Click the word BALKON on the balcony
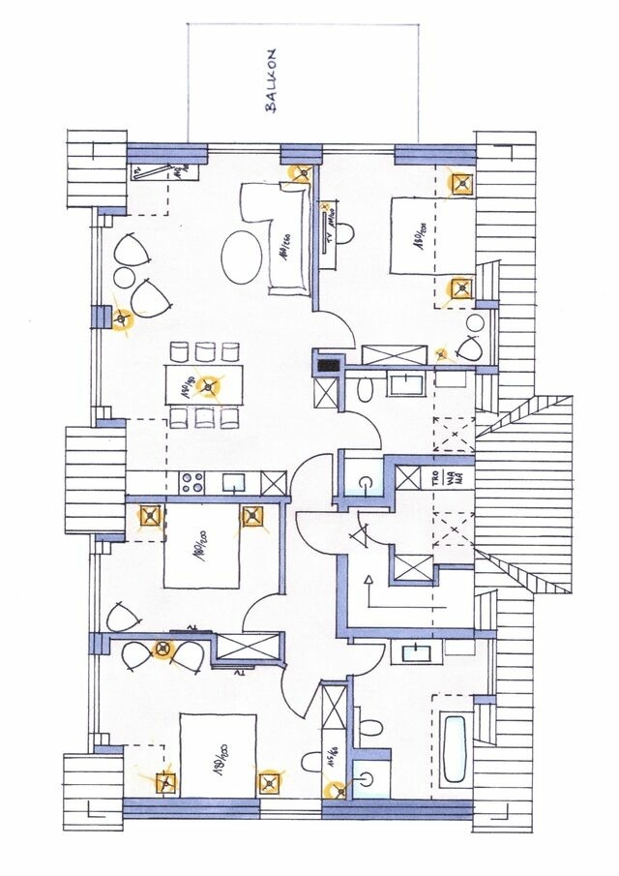[270, 81]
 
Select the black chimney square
[330, 365]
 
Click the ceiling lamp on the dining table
[207, 387]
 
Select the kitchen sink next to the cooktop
[233, 480]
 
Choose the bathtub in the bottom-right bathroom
[457, 748]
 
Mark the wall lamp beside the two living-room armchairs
[121, 318]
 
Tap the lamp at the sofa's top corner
[302, 174]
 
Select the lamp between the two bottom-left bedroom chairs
[163, 649]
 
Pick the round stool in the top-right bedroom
[475, 324]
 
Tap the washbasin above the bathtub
[417, 650]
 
